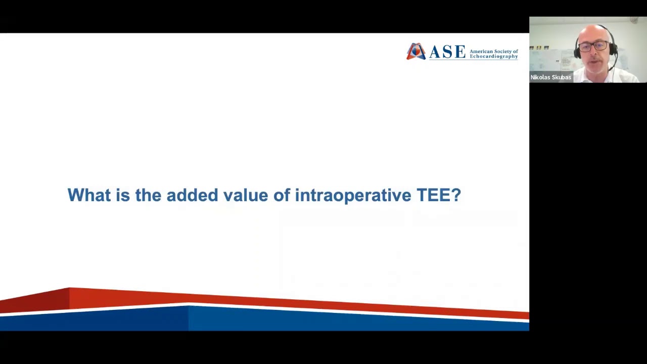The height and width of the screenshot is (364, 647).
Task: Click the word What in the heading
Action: (x=88, y=195)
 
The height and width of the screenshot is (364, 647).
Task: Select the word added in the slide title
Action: (x=192, y=195)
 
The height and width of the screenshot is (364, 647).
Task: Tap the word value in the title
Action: (x=246, y=195)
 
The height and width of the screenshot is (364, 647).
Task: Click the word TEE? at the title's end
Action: (x=438, y=195)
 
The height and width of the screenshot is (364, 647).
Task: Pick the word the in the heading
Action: (x=148, y=195)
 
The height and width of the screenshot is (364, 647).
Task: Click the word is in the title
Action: (x=122, y=195)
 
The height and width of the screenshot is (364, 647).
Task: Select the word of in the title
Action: (x=282, y=195)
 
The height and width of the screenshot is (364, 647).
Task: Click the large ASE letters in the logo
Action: (x=447, y=52)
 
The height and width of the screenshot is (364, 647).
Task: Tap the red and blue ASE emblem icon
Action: (x=416, y=52)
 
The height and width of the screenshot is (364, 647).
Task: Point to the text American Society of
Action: (x=493, y=51)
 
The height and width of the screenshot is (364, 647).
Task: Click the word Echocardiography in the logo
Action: (x=493, y=56)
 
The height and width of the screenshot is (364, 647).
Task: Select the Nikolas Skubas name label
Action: (x=550, y=77)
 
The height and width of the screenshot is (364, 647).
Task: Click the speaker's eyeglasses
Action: (x=592, y=47)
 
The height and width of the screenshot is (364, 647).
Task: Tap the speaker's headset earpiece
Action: (x=613, y=49)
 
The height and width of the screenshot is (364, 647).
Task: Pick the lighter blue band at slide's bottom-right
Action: (x=354, y=320)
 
